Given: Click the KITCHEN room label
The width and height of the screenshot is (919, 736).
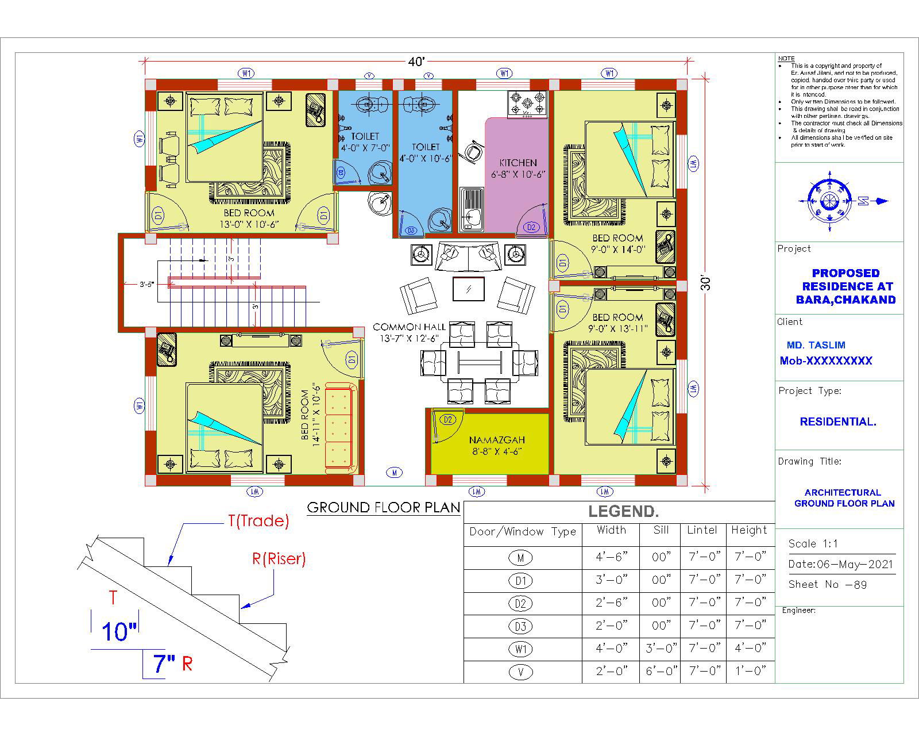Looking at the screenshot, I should point(518,163).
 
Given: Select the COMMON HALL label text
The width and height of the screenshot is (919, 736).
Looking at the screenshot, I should point(409,327).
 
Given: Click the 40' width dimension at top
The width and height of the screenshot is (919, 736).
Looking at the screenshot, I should point(416,62).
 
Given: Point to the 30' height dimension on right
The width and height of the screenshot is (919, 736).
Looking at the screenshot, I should point(706,283).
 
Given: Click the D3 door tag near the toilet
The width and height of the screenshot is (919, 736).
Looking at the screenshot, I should point(411,231).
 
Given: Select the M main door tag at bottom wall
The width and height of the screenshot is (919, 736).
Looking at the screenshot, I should point(394,473).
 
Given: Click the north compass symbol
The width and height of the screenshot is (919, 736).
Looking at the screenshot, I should point(829,201).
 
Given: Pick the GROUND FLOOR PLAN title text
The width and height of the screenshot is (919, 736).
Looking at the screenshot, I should point(384,507).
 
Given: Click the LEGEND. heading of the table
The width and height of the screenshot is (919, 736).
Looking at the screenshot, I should point(623,511).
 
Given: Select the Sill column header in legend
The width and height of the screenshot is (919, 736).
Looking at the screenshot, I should point(661,530).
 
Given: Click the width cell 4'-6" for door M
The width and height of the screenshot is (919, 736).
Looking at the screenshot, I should point(612,557).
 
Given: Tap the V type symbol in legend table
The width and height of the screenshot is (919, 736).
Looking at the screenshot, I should point(520,672).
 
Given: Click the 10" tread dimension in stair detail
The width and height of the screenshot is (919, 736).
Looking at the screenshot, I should point(119,631).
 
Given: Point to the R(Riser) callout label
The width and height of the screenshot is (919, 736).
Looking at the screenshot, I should point(279,558).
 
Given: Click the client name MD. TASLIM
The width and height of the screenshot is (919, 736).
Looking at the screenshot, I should point(816,345).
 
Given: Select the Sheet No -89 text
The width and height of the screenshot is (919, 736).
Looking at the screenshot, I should point(828,584).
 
